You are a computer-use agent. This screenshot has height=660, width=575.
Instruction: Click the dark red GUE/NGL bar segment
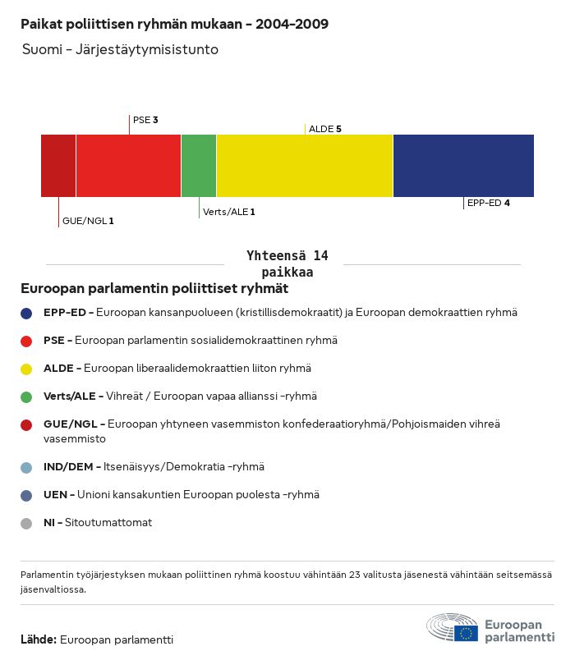tap(58, 166)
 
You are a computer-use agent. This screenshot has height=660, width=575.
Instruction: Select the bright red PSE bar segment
tap(128, 166)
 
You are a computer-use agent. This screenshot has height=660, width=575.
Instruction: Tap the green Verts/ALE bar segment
tap(199, 166)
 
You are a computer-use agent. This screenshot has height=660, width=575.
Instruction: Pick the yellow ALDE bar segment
tap(305, 166)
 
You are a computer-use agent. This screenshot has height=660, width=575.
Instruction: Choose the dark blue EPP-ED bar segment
tap(463, 166)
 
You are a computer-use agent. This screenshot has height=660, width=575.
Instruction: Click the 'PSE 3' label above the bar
tap(145, 120)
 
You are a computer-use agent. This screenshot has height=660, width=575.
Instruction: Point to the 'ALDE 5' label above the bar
tap(324, 129)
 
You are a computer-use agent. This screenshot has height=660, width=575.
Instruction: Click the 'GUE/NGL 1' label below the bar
tap(88, 221)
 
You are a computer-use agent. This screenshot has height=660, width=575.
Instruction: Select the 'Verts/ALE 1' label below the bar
tap(229, 212)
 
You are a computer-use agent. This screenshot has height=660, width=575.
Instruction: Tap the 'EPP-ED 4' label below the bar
tap(489, 203)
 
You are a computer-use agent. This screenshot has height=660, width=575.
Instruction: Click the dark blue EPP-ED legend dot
tap(27, 313)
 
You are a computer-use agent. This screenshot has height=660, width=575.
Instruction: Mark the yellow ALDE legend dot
tap(27, 369)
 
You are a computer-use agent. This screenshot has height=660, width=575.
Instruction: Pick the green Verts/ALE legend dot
tap(27, 396)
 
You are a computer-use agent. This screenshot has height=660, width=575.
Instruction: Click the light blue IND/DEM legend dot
tap(27, 467)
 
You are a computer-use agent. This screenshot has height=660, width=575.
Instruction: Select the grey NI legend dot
tap(27, 523)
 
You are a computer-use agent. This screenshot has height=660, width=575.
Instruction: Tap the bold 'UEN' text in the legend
tap(56, 495)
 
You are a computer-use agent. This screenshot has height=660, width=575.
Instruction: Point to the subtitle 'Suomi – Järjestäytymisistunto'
tap(120, 49)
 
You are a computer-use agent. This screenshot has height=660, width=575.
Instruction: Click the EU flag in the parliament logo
tap(467, 633)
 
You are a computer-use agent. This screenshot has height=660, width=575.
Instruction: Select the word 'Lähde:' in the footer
tap(39, 639)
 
